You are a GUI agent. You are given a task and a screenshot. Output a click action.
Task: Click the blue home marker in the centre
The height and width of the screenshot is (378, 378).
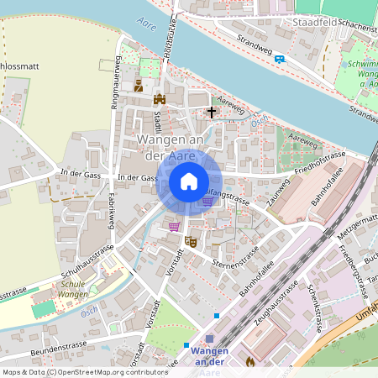[189, 181]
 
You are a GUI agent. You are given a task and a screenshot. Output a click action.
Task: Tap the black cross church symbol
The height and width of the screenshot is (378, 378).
[212, 111]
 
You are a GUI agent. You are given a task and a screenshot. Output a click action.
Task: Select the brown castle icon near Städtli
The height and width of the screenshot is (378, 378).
[160, 100]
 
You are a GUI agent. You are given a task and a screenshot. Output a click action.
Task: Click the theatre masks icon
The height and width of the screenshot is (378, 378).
[191, 241]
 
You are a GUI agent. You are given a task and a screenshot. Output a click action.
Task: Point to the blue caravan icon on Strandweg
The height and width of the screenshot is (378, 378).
[280, 58]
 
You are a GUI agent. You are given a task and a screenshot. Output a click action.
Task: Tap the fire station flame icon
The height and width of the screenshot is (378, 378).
[249, 361]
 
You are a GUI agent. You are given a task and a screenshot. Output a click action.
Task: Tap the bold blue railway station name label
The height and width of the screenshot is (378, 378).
[209, 355]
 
